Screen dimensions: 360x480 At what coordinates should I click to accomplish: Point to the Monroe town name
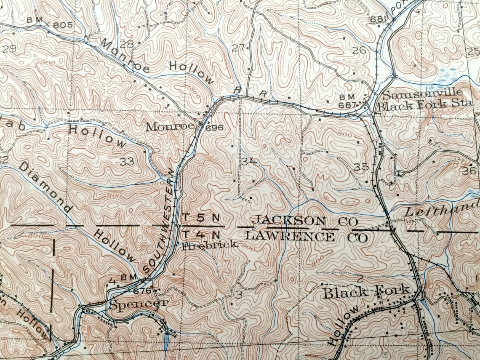point(170,126)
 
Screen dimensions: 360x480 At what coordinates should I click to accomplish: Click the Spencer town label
point(139,304)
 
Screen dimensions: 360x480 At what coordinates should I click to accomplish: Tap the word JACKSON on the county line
point(290,220)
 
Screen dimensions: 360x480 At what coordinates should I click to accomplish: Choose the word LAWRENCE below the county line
point(290,236)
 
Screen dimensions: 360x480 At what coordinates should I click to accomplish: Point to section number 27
point(238,48)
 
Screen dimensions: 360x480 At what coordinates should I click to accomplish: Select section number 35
point(361,167)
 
